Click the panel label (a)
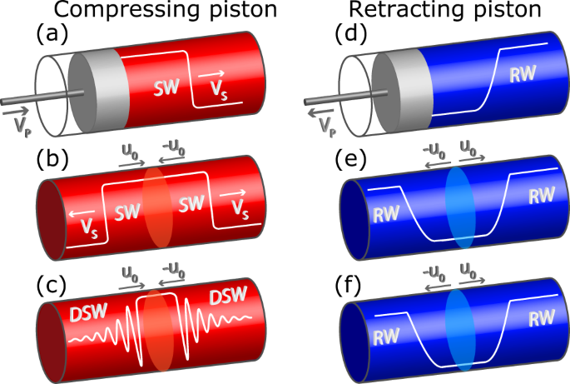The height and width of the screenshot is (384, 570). (52, 36)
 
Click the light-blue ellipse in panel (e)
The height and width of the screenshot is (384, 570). (458, 207)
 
